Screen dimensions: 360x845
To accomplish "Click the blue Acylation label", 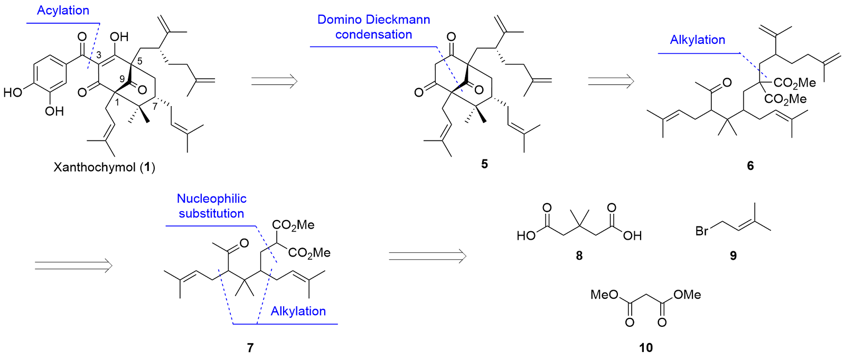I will (63, 11).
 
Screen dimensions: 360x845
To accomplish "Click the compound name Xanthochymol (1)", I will (104, 167).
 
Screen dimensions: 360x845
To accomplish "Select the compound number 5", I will (484, 164).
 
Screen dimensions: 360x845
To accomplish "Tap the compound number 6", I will (750, 166).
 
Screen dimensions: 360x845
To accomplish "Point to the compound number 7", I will (250, 347).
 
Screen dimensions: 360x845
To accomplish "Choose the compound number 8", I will (579, 256).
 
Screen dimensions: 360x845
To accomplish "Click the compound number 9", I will (733, 256).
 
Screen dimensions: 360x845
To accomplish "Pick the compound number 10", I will (645, 347).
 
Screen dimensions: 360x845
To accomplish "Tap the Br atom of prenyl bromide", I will (702, 231).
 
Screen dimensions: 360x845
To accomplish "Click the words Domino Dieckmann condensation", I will (373, 27).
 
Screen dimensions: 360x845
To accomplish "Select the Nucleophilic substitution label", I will (211, 206).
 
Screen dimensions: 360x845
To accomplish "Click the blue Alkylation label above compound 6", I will (697, 40).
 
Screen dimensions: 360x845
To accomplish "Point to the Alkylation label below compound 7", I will (298, 311).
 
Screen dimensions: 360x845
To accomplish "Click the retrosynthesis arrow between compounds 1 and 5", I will (274, 81).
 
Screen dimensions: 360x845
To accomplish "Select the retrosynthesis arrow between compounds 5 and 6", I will (610, 81).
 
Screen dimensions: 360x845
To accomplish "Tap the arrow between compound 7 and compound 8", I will (427, 256).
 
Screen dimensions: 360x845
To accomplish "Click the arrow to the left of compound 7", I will (73, 265).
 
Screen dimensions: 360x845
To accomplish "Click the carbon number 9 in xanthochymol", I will (122, 79).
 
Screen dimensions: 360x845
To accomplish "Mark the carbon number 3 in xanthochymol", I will (99, 56).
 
